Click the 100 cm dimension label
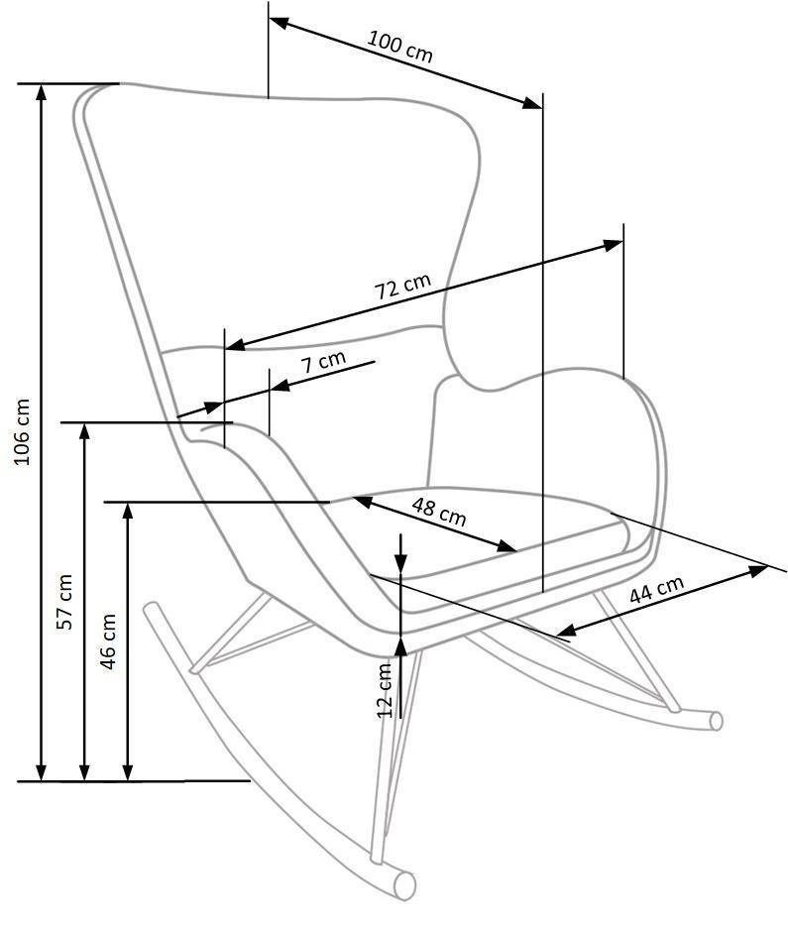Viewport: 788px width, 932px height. [x=399, y=46]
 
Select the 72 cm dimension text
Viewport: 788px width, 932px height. [x=402, y=287]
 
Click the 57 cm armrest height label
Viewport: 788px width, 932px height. [x=64, y=602]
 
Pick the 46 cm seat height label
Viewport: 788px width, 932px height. [x=108, y=641]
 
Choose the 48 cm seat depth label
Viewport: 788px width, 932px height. [x=439, y=512]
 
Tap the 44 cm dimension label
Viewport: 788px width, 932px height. [x=656, y=590]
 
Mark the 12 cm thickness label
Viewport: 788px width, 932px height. [x=386, y=689]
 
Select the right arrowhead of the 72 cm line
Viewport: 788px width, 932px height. [x=615, y=244]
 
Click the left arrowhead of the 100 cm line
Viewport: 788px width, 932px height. [x=279, y=24]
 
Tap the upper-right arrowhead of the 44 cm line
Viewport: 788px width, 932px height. [x=759, y=571]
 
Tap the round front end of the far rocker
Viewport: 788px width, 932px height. [x=717, y=721]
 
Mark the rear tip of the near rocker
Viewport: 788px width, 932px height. [x=152, y=608]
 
